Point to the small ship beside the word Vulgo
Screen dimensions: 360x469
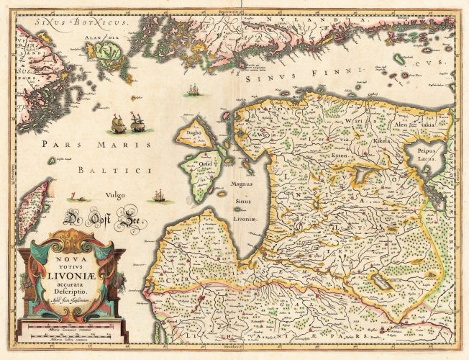(x=160, y=195)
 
